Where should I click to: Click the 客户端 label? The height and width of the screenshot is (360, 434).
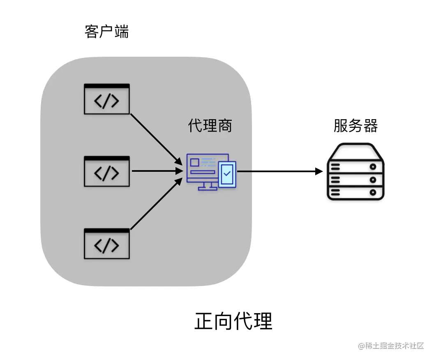coord(107,32)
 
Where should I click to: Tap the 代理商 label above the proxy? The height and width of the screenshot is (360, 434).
coord(210,126)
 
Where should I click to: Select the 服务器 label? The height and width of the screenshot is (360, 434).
coord(356,126)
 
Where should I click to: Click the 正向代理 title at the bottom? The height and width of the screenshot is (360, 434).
coord(233,321)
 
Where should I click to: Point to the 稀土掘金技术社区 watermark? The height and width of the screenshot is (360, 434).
coord(390,346)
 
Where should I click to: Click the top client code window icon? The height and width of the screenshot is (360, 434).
coord(107,99)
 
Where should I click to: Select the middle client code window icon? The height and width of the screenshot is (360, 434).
coord(107,171)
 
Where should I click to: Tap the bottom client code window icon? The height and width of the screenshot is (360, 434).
coord(107,243)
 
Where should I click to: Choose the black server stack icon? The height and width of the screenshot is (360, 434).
coord(356,172)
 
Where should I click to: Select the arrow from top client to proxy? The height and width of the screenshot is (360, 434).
coord(156,138)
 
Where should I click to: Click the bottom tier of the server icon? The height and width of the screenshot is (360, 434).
coord(356,192)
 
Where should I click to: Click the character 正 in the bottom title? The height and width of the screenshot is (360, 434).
coord(204,321)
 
